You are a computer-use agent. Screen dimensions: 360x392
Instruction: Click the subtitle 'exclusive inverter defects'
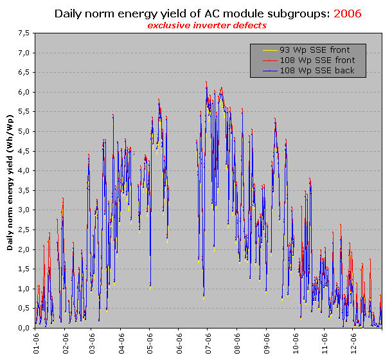207,25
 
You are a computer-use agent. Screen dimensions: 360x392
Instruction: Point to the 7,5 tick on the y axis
22,33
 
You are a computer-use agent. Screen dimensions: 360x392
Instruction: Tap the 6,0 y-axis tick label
22,92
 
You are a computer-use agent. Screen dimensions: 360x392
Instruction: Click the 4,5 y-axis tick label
22,151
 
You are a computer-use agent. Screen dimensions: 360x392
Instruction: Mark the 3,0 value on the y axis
22,210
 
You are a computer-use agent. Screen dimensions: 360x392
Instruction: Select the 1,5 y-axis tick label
22,269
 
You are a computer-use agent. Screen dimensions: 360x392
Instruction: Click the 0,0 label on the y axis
22,328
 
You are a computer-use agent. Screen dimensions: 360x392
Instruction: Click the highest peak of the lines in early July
206,82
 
